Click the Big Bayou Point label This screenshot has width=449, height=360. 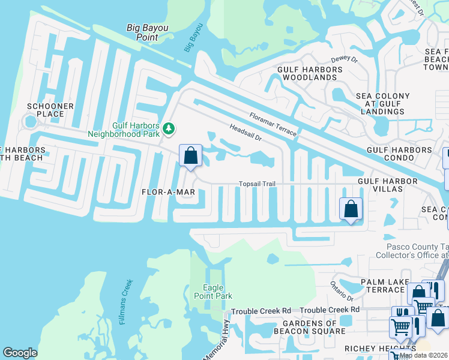point(143,32)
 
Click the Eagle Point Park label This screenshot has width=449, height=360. point(212,292)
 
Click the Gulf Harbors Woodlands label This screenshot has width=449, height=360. point(310,74)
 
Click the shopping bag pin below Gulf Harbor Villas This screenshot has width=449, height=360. point(351,209)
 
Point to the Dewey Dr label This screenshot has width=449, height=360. point(345,59)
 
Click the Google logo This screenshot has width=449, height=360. point(20,353)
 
